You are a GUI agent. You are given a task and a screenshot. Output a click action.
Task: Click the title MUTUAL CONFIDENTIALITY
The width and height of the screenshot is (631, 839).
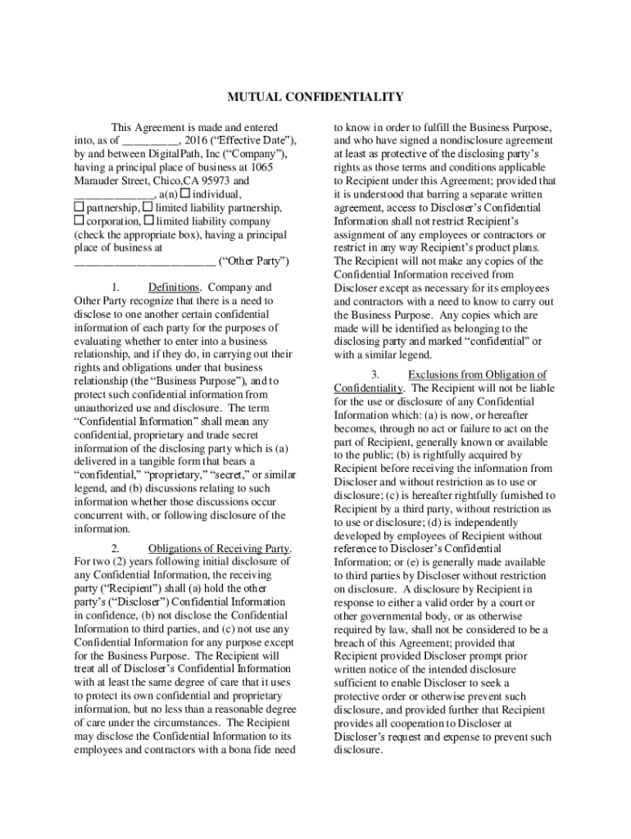point(315,98)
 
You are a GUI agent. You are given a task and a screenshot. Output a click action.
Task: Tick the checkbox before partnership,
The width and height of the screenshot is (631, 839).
point(79,208)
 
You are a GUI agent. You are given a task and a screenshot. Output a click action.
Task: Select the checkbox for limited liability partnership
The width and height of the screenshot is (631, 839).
point(148,208)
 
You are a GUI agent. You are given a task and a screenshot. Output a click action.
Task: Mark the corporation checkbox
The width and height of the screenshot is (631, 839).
point(79,221)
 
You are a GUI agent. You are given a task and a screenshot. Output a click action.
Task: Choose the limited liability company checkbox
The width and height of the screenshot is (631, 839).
point(149,221)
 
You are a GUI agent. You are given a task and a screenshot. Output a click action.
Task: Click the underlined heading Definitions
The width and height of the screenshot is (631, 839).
point(174,288)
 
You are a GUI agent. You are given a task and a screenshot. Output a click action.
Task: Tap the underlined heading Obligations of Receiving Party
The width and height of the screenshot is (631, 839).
point(220,548)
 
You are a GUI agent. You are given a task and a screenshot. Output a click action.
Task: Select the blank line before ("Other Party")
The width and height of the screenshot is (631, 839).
point(144,262)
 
